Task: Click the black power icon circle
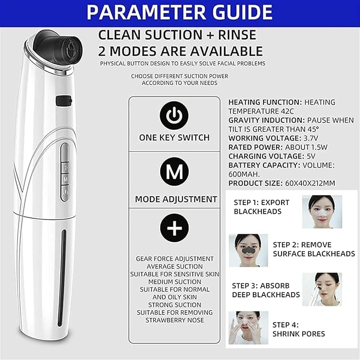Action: click(x=174, y=116)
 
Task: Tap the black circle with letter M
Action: click(x=174, y=171)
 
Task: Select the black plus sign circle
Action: click(x=174, y=228)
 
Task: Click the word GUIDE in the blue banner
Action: click(x=242, y=12)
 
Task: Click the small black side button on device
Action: click(x=64, y=101)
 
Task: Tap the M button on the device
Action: click(x=66, y=179)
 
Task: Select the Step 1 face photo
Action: click(x=322, y=212)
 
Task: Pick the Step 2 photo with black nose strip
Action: click(x=249, y=250)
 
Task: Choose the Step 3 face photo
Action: click(x=322, y=289)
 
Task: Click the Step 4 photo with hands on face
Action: click(x=249, y=328)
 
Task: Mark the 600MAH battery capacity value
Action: click(x=244, y=174)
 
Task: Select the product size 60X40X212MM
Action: click(x=310, y=183)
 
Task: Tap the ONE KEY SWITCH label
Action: click(x=174, y=137)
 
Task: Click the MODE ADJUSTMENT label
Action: click(x=176, y=199)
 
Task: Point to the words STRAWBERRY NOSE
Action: click(x=175, y=320)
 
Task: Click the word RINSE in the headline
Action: click(x=236, y=35)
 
